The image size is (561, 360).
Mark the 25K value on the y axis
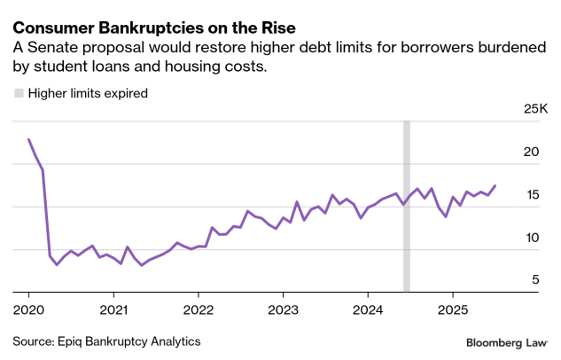tap(537, 109)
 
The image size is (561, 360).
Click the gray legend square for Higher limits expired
tap(18, 92)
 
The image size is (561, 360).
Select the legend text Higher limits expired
tap(88, 92)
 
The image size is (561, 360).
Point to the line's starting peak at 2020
tap(28, 139)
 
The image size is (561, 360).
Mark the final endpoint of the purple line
tap(495, 185)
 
